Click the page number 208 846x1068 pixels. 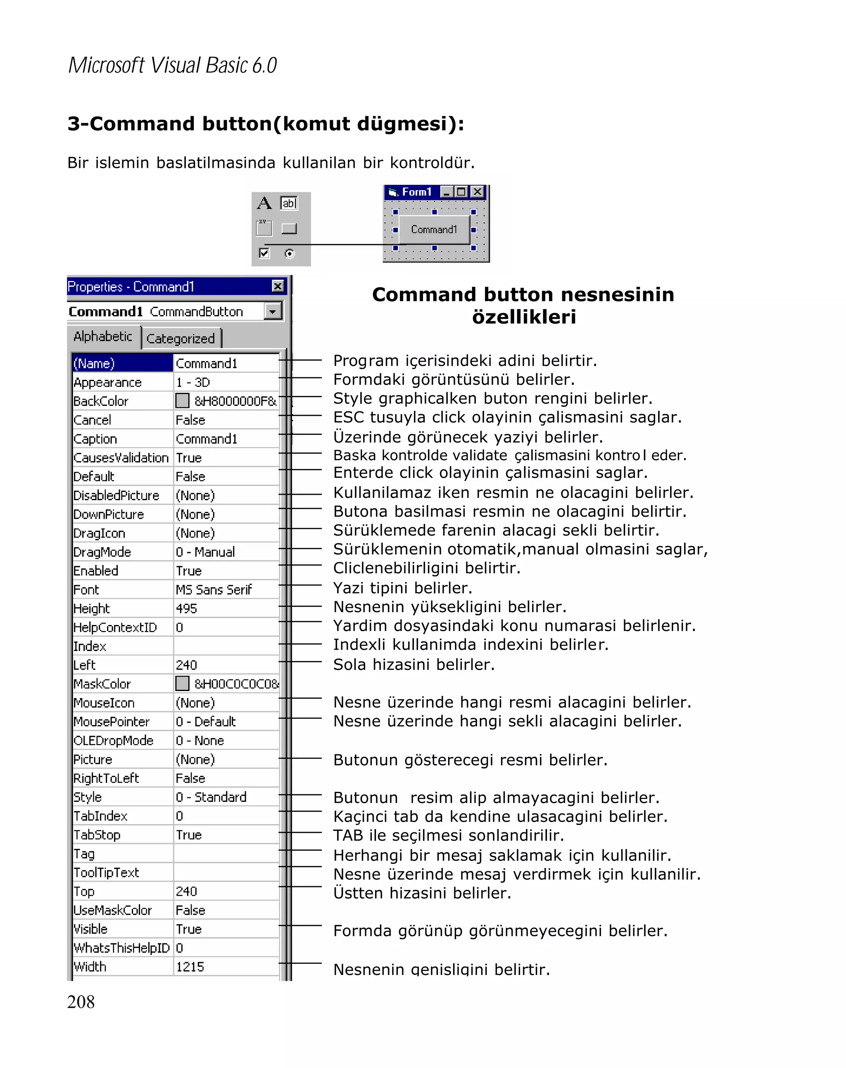coord(81,1001)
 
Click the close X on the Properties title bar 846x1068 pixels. coord(278,286)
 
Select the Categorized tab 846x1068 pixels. coord(181,339)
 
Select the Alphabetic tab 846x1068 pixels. coord(103,336)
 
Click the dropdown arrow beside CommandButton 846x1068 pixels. coord(272,311)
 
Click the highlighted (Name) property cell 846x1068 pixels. coord(122,363)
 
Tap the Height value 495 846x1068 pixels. coord(186,608)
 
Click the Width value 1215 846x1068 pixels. coord(190,966)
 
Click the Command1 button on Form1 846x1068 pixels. coord(434,229)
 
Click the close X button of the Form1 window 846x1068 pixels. coord(477,192)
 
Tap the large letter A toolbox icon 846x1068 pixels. coord(264,203)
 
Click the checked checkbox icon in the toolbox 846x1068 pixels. coord(264,253)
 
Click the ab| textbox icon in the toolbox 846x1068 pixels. coord(289,203)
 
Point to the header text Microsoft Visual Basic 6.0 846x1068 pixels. coord(172,65)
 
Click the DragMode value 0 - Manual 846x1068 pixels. coord(205,552)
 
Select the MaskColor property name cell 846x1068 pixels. coord(102,684)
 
